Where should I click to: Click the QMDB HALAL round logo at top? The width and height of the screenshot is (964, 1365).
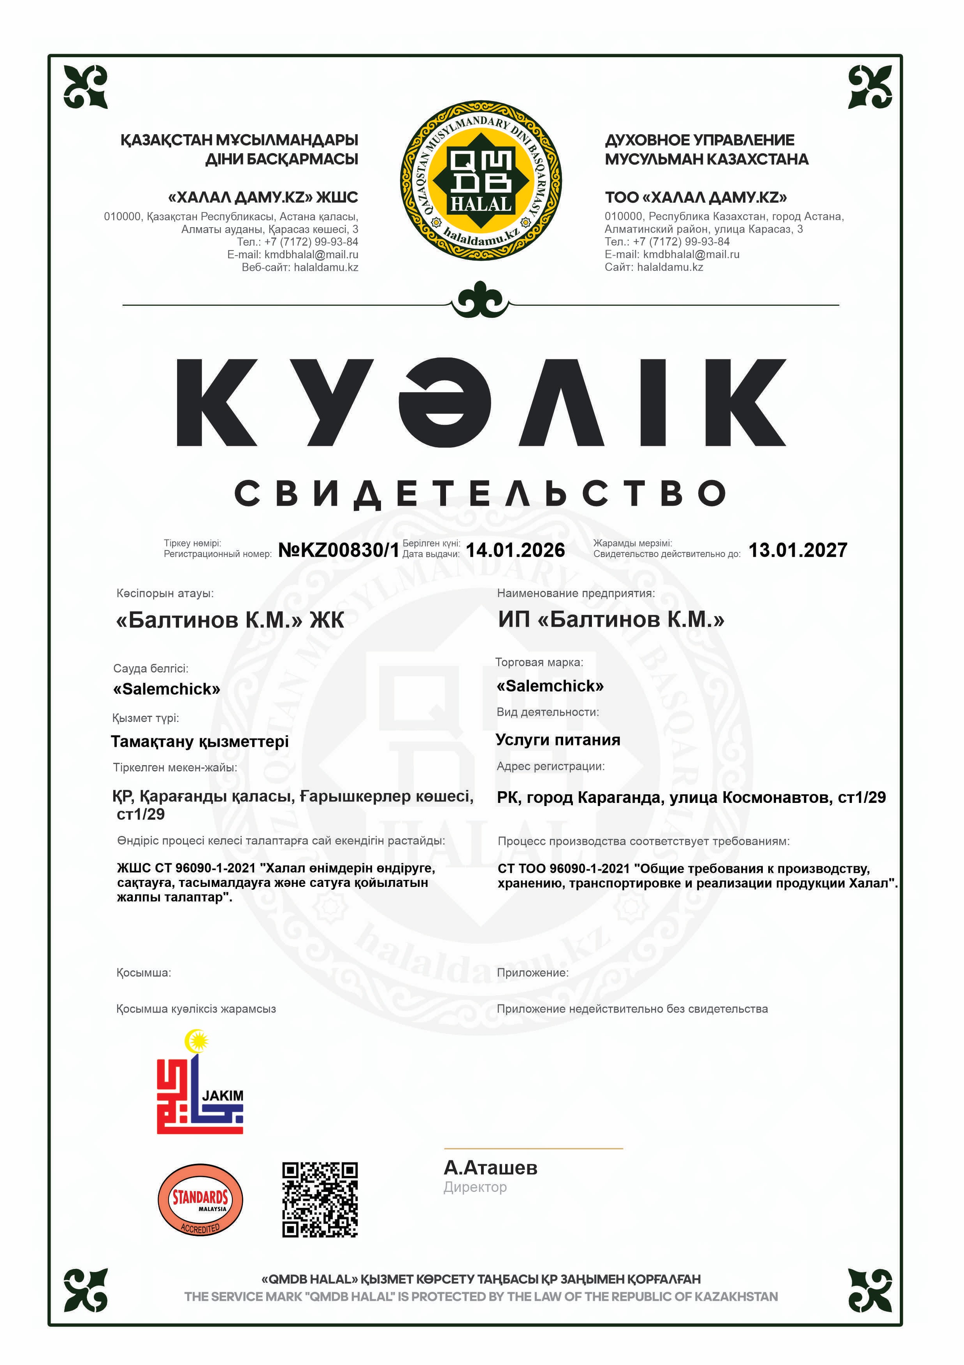pyautogui.click(x=481, y=180)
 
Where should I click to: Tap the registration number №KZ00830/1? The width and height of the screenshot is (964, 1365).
pyautogui.click(x=338, y=550)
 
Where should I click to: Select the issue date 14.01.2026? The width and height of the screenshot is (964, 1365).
pyautogui.click(x=515, y=550)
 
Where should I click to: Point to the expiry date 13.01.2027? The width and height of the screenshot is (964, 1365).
pyautogui.click(x=797, y=550)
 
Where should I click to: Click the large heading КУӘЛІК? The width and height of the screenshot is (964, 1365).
pyautogui.click(x=481, y=403)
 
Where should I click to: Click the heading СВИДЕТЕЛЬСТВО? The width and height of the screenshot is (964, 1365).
pyautogui.click(x=481, y=493)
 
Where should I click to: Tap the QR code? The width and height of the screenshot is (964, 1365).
pyautogui.click(x=320, y=1200)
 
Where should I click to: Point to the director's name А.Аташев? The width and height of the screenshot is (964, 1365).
pyautogui.click(x=490, y=1168)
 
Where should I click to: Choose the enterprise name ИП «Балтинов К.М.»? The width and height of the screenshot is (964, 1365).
pyautogui.click(x=611, y=619)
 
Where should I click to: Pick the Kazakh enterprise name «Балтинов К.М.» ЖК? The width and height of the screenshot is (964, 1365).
pyautogui.click(x=230, y=620)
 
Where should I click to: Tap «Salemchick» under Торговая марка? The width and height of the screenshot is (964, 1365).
pyautogui.click(x=550, y=686)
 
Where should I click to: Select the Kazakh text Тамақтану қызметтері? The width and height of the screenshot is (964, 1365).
pyautogui.click(x=200, y=741)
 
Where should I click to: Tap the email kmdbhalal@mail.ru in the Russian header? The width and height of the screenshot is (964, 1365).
pyautogui.click(x=691, y=254)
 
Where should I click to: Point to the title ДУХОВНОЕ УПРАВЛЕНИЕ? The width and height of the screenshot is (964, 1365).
pyautogui.click(x=699, y=140)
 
